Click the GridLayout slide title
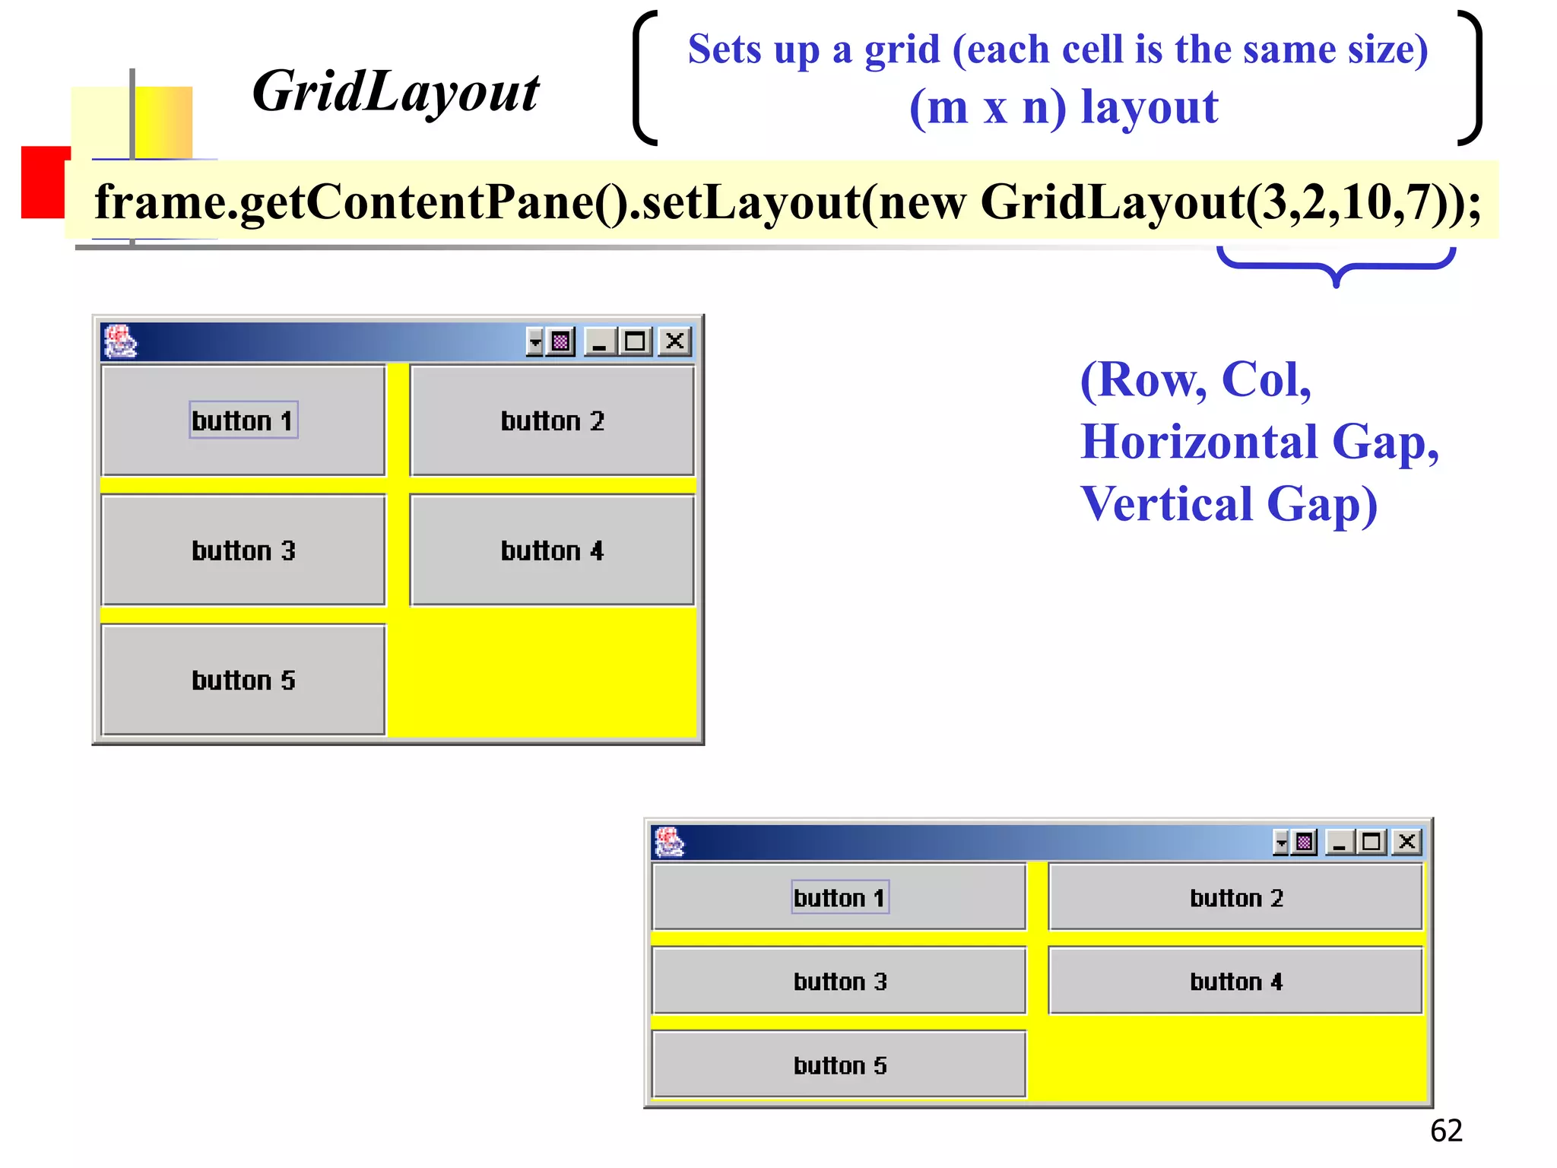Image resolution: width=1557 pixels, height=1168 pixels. click(x=395, y=92)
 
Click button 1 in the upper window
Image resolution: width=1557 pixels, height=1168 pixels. click(x=243, y=421)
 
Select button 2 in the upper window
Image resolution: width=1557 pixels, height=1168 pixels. click(x=552, y=421)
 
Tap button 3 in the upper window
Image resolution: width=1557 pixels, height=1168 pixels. click(x=243, y=551)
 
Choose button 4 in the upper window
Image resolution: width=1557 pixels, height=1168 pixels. click(x=552, y=551)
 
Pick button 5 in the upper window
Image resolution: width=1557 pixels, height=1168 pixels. click(x=243, y=680)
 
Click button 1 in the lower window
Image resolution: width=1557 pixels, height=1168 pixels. click(x=839, y=897)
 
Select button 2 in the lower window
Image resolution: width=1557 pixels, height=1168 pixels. click(x=1235, y=897)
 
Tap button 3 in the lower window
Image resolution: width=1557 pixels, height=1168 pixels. click(x=839, y=981)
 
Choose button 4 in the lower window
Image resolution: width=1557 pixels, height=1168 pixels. click(x=1235, y=981)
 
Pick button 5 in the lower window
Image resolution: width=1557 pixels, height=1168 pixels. click(x=839, y=1065)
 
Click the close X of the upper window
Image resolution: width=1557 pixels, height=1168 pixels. click(x=674, y=341)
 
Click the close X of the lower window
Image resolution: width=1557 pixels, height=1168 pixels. click(x=1407, y=842)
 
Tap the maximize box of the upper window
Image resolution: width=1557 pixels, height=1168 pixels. click(x=636, y=341)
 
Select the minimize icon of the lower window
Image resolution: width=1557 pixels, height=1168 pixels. click(x=1340, y=843)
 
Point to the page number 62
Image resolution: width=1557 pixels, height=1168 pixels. click(x=1446, y=1131)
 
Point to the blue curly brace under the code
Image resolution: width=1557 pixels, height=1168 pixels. click(x=1336, y=267)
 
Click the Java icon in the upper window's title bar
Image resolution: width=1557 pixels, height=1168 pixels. click(x=120, y=341)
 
